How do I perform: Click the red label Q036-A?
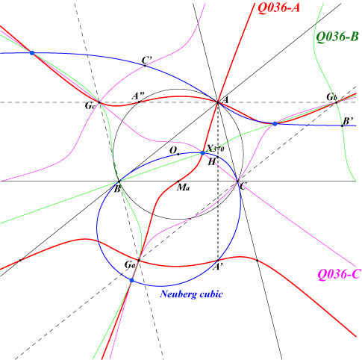coord(278,7)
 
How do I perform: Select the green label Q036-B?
coord(337,37)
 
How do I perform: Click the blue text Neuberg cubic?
coord(192,294)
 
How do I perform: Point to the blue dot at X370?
coord(203,153)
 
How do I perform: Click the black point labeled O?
coord(178,154)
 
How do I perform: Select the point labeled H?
coord(218,157)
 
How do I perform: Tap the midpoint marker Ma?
coord(178,181)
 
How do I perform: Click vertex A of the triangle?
coord(218,102)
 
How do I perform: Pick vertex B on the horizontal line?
coord(119,181)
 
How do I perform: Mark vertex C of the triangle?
coord(237,181)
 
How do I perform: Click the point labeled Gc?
coord(99,102)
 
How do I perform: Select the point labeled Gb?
coord(336,102)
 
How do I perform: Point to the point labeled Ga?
coord(139,261)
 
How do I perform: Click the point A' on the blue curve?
coord(218,261)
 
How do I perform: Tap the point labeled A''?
coord(139,102)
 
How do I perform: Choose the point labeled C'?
coord(145,66)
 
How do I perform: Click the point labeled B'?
coord(342,125)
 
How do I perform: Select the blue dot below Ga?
coord(132,280)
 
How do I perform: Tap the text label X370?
coord(216,149)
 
